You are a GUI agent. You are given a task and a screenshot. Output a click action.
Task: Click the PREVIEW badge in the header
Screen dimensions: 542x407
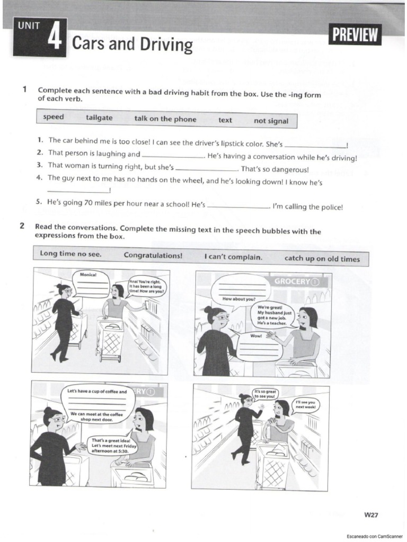356,36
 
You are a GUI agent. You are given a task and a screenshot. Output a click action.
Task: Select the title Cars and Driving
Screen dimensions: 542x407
132,45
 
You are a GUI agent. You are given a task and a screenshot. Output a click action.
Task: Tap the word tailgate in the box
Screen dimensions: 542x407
99,118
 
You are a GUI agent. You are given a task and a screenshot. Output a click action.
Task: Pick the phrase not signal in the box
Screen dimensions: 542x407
271,121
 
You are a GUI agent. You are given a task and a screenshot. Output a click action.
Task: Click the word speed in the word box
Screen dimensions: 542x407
54,117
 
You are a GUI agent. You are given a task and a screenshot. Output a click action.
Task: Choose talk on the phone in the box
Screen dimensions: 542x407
165,119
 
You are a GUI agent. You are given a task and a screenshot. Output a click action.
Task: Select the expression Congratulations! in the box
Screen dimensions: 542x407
153,255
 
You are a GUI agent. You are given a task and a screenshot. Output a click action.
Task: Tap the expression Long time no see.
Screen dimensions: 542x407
70,254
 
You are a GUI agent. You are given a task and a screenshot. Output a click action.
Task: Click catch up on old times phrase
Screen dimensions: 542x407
322,259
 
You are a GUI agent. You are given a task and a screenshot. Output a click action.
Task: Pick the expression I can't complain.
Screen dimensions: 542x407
233,257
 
